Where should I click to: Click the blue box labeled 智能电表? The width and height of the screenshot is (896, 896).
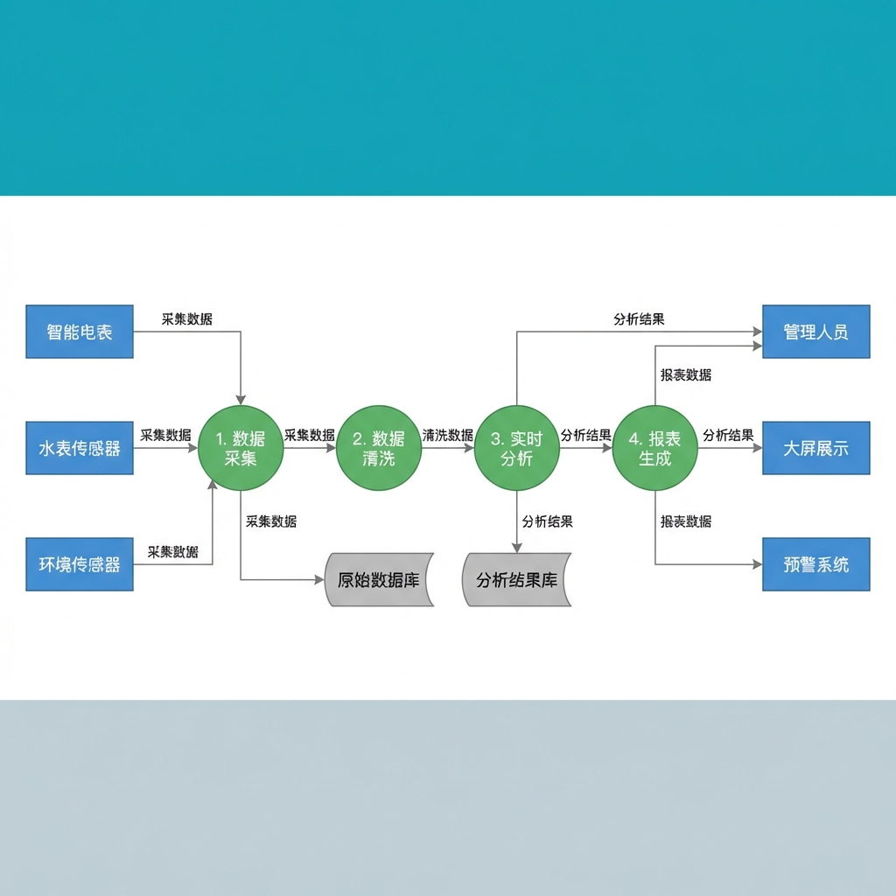80,332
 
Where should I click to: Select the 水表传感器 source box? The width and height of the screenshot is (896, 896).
80,449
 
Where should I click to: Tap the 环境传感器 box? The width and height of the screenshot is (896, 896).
80,564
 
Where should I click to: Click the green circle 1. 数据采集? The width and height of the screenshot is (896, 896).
241,448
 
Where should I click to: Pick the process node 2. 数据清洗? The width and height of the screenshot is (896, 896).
379,448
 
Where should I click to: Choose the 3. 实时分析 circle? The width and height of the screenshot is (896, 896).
517,448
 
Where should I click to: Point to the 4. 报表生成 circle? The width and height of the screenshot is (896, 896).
655,448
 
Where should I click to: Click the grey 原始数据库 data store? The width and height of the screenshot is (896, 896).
379,579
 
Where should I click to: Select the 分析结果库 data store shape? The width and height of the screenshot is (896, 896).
516,579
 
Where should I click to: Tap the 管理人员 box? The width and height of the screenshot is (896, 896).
815,332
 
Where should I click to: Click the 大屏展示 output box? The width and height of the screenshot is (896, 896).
815,449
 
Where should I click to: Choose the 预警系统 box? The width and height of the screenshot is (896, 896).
815,564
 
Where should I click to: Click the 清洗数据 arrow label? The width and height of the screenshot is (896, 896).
447,435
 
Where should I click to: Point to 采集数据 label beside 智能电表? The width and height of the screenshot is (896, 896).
186,319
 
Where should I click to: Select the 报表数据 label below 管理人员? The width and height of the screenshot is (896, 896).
685,375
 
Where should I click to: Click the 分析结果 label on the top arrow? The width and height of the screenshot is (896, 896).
639,319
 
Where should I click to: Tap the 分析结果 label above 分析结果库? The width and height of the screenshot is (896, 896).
547,521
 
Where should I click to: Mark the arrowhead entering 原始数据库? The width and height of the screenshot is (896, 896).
319,580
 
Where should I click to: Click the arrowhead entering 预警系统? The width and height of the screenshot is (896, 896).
757,564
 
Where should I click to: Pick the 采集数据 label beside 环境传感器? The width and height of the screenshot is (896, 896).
172,552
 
